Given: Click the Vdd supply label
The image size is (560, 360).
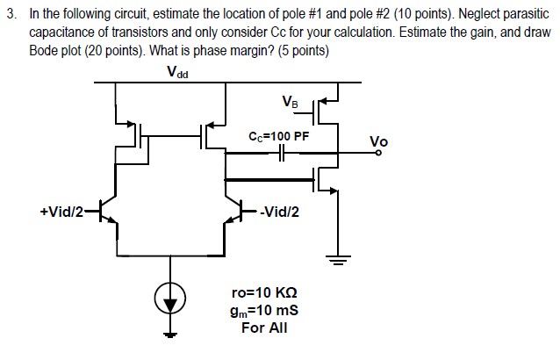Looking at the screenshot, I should [x=177, y=72].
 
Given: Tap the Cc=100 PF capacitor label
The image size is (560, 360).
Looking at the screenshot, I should [x=279, y=137].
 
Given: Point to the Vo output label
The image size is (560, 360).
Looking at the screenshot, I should [x=378, y=141].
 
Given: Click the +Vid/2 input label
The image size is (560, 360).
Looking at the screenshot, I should [x=62, y=211].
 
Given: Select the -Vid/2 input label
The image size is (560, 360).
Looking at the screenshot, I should [x=278, y=211].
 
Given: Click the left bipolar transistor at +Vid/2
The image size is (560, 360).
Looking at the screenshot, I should [x=107, y=211].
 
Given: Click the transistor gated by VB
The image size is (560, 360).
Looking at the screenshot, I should [x=327, y=109].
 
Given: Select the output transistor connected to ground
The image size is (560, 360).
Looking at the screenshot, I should [x=327, y=181].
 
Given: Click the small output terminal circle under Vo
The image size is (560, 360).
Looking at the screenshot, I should [x=379, y=154].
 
